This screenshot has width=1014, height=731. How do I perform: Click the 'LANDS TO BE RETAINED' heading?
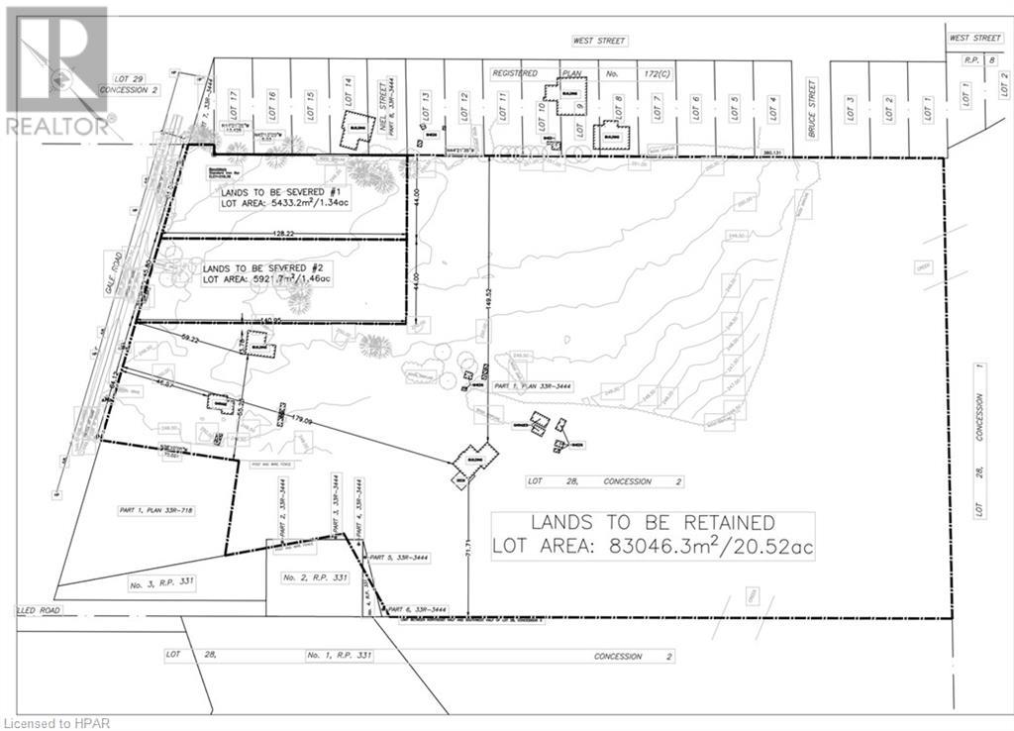pos(653,522)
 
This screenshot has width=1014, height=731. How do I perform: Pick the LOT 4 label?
pos(773,105)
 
